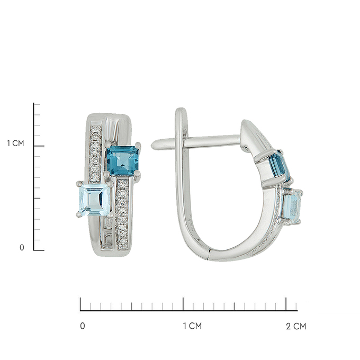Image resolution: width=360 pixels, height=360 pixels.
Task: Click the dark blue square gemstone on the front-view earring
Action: (x=123, y=160)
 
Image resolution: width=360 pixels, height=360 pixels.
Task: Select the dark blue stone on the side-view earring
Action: (x=279, y=166)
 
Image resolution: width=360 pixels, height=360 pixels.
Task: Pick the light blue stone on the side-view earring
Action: (x=291, y=206)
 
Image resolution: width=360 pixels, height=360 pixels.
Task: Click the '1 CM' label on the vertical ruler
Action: (x=15, y=143)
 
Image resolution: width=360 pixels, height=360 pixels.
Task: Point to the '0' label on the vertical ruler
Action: (x=22, y=248)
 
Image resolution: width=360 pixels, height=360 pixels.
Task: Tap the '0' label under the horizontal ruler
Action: (x=83, y=326)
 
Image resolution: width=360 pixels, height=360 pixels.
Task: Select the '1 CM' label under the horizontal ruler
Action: (x=192, y=326)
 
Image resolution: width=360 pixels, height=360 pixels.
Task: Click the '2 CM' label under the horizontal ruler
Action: (x=296, y=326)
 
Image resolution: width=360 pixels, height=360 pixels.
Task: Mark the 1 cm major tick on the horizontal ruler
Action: (x=183, y=304)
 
